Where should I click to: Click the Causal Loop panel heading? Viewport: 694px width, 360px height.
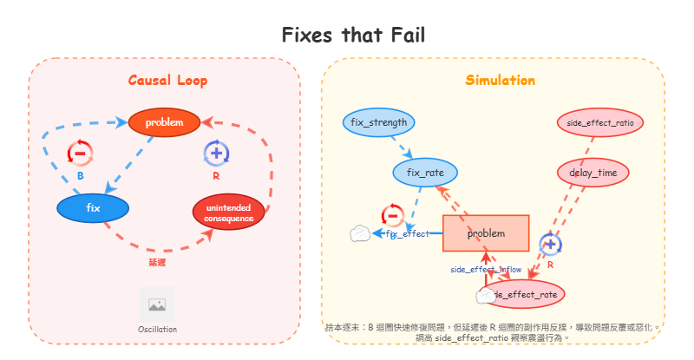(167, 81)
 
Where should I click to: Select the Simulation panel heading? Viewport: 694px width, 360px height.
(500, 81)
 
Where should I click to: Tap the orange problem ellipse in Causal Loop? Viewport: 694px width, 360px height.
(165, 122)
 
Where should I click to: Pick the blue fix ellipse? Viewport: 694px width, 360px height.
(93, 208)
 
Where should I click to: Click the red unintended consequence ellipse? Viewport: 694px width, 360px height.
(229, 213)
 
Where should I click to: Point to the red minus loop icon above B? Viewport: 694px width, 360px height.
(80, 154)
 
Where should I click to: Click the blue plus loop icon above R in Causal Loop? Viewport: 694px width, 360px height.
(216, 154)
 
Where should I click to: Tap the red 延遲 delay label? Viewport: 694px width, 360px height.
(157, 260)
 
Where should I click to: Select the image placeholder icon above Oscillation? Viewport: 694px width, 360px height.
(157, 304)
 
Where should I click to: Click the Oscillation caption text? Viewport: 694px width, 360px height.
(157, 330)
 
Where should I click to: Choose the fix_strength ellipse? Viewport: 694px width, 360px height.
(378, 122)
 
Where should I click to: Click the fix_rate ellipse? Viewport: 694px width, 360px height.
(425, 173)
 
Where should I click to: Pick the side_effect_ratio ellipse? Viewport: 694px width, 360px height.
(599, 122)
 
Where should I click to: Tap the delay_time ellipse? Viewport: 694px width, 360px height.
(593, 173)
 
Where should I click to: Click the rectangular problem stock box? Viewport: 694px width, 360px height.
(486, 233)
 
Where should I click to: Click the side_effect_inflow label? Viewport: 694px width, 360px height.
(486, 270)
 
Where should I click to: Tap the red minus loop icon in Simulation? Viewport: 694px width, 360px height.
(392, 215)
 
